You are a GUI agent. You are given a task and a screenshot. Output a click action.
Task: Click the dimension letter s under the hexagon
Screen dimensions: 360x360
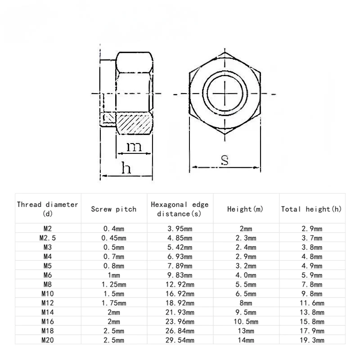(225, 160)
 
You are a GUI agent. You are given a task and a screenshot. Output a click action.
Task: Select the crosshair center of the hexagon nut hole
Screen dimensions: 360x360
(225, 94)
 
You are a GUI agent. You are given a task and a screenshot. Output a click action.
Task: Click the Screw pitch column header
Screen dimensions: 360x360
(113, 209)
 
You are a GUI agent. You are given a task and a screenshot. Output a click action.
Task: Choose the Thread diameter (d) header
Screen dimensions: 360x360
(47, 209)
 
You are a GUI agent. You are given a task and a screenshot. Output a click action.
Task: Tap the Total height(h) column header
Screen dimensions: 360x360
(311, 209)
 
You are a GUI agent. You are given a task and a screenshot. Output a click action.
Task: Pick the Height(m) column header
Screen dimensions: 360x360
(245, 209)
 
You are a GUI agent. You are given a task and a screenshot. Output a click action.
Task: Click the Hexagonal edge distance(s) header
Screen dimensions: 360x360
(180, 209)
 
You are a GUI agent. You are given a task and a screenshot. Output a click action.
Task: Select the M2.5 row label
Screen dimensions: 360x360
(47, 238)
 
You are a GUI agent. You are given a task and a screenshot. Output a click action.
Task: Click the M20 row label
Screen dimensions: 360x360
(47, 340)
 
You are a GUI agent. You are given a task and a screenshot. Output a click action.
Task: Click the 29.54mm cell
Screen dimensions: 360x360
(180, 340)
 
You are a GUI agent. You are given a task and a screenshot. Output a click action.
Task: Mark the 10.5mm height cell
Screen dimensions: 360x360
(246, 321)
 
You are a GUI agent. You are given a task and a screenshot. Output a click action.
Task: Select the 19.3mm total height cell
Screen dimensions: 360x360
(312, 340)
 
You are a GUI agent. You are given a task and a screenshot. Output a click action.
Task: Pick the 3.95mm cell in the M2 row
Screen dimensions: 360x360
(180, 228)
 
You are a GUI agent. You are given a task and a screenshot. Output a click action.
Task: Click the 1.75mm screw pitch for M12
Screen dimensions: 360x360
(113, 303)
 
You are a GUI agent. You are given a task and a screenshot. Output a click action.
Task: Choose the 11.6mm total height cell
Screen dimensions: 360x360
(312, 303)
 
